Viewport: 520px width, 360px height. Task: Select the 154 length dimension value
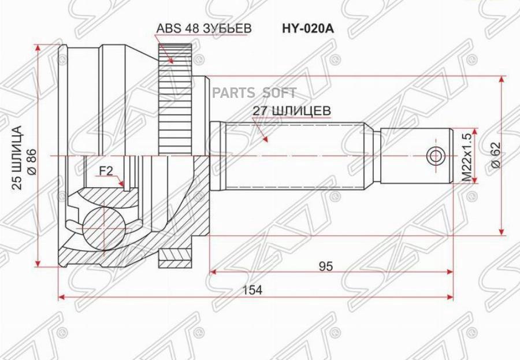[x=253, y=291]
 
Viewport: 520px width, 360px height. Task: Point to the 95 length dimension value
[x=325, y=266]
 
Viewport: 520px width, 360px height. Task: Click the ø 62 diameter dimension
[x=495, y=155]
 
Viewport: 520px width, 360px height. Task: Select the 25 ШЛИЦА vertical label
[x=17, y=157]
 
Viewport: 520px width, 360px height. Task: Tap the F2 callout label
[x=105, y=170]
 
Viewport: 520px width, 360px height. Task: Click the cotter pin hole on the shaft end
[x=435, y=156]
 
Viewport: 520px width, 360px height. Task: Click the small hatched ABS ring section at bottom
[x=176, y=254]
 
